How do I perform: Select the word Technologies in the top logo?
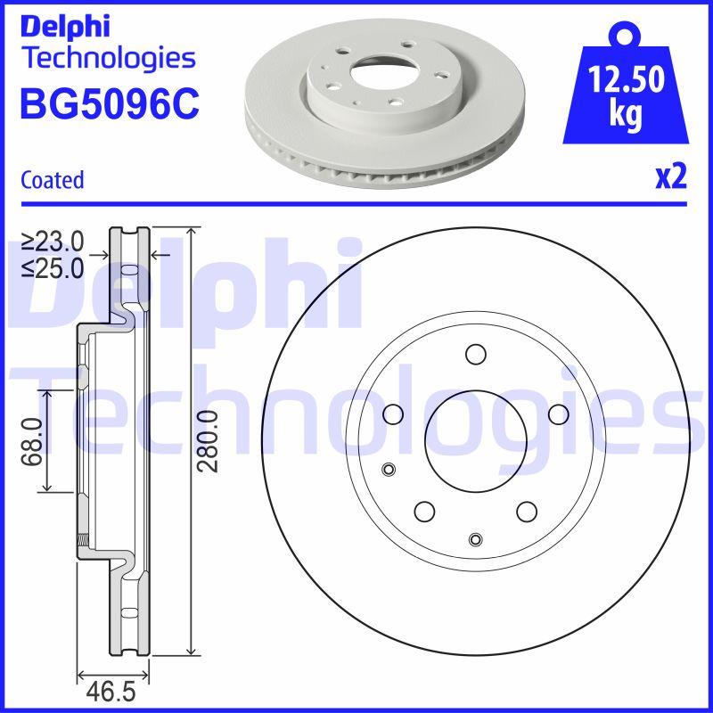[x=107, y=59]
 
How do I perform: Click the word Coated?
[x=52, y=180]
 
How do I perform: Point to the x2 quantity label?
[x=670, y=178]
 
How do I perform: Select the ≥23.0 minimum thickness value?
[x=53, y=241]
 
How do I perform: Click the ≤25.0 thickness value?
[x=53, y=266]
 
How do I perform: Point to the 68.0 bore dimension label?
[x=32, y=441]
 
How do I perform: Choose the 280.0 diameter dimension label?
[x=208, y=441]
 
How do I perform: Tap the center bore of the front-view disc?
[x=474, y=437]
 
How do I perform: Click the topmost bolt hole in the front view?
[x=474, y=353]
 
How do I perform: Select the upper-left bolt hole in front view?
[x=392, y=414]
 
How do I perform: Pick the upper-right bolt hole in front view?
[x=558, y=414]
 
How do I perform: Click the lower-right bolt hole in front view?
[x=526, y=511]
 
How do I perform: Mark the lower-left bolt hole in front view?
[x=423, y=511]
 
